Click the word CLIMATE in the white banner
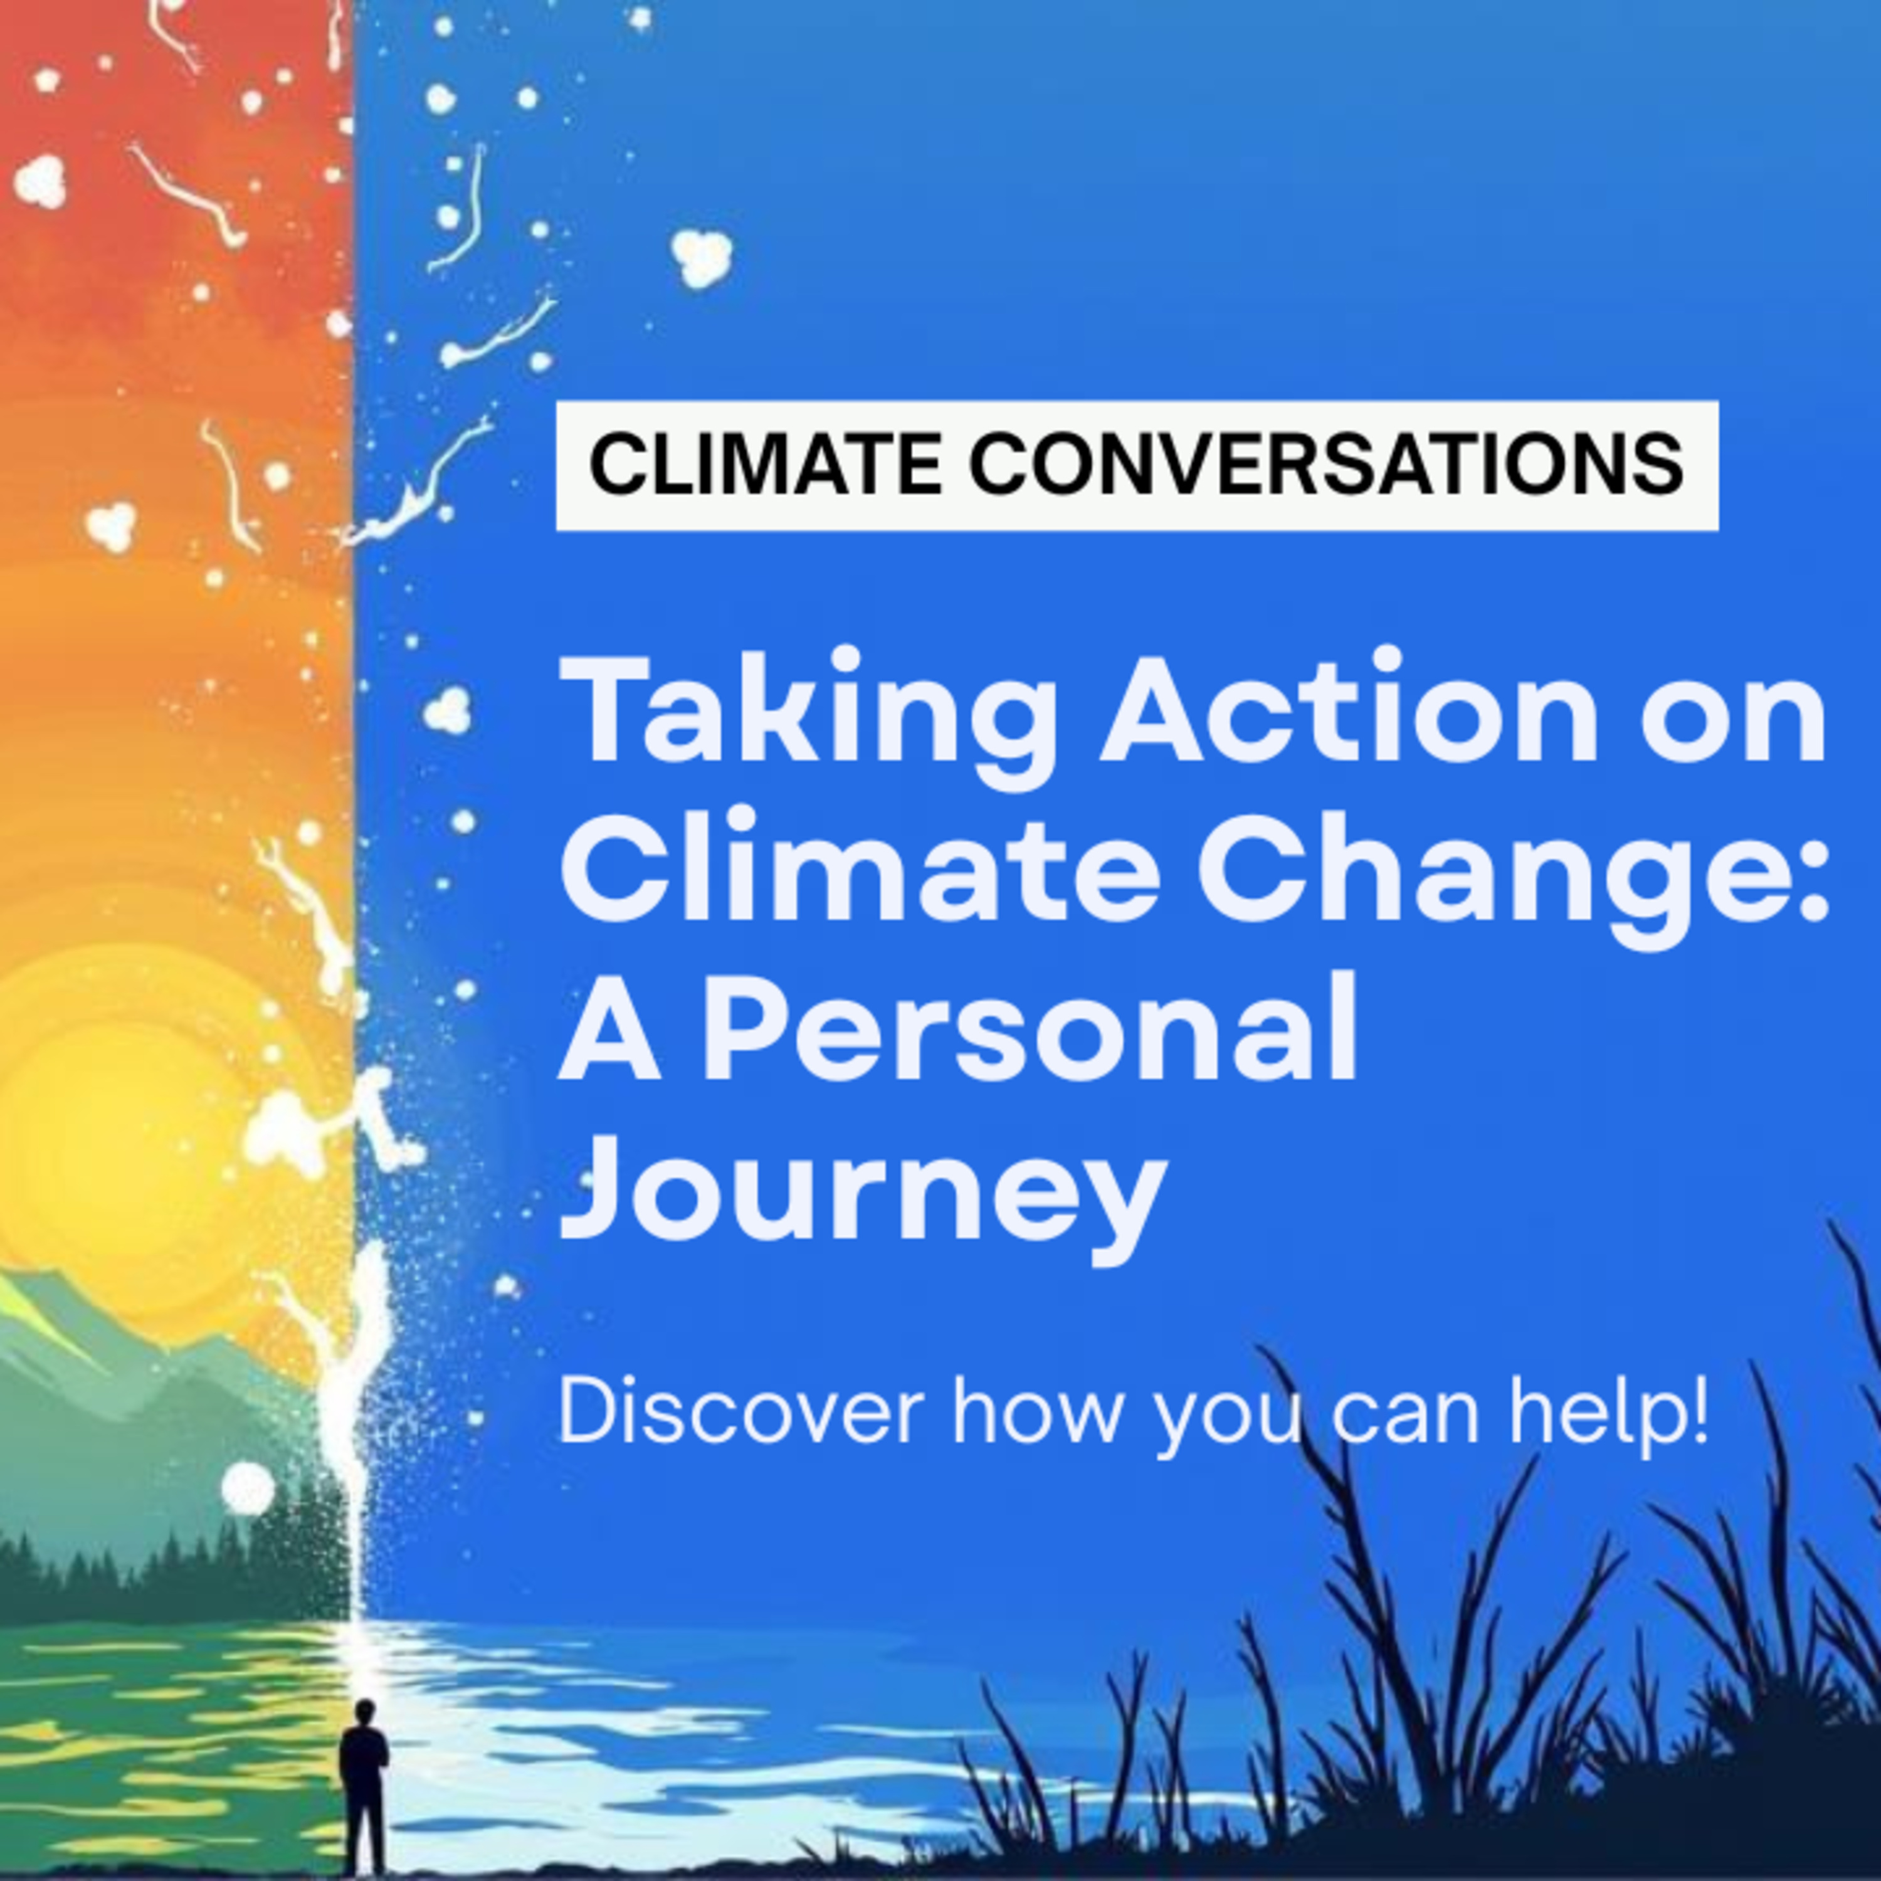pyautogui.click(x=765, y=465)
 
